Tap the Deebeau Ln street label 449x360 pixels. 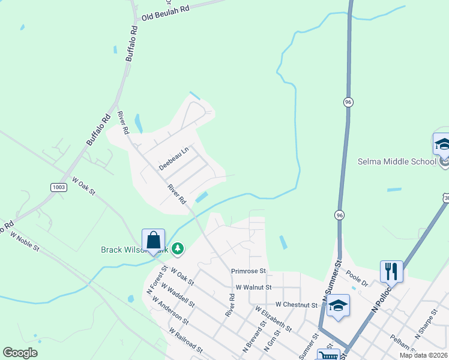point(173,158)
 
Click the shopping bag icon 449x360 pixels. point(154,240)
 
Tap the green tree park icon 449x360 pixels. point(177,248)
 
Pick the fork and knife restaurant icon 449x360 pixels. point(391,271)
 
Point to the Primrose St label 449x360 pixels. point(249,271)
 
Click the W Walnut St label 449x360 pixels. point(253,288)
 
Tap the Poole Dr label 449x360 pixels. point(356,281)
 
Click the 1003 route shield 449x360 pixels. point(59,187)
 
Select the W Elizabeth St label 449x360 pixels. point(274,319)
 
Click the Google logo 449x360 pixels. point(20,353)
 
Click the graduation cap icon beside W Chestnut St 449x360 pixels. point(338,305)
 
